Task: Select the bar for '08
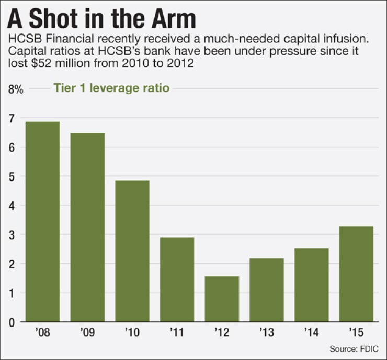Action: (x=43, y=222)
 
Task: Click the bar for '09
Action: (x=87, y=228)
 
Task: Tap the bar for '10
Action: (x=132, y=251)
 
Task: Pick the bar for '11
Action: (x=177, y=279)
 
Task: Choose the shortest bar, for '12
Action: (x=222, y=299)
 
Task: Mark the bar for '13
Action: (x=267, y=290)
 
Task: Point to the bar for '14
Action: (x=312, y=285)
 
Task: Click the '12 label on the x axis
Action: (x=222, y=333)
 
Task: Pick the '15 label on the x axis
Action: (x=356, y=333)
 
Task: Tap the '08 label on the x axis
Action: (x=43, y=333)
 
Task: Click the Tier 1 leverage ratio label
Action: (x=111, y=88)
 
